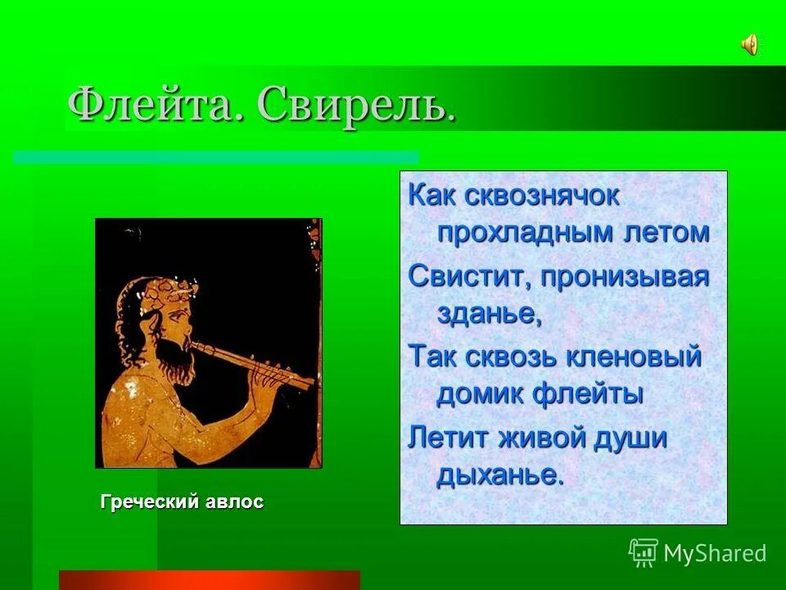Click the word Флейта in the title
[155, 106]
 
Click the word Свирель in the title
[356, 106]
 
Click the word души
[631, 437]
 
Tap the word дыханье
[500, 474]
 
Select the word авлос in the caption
[235, 501]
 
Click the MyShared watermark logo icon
[643, 553]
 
